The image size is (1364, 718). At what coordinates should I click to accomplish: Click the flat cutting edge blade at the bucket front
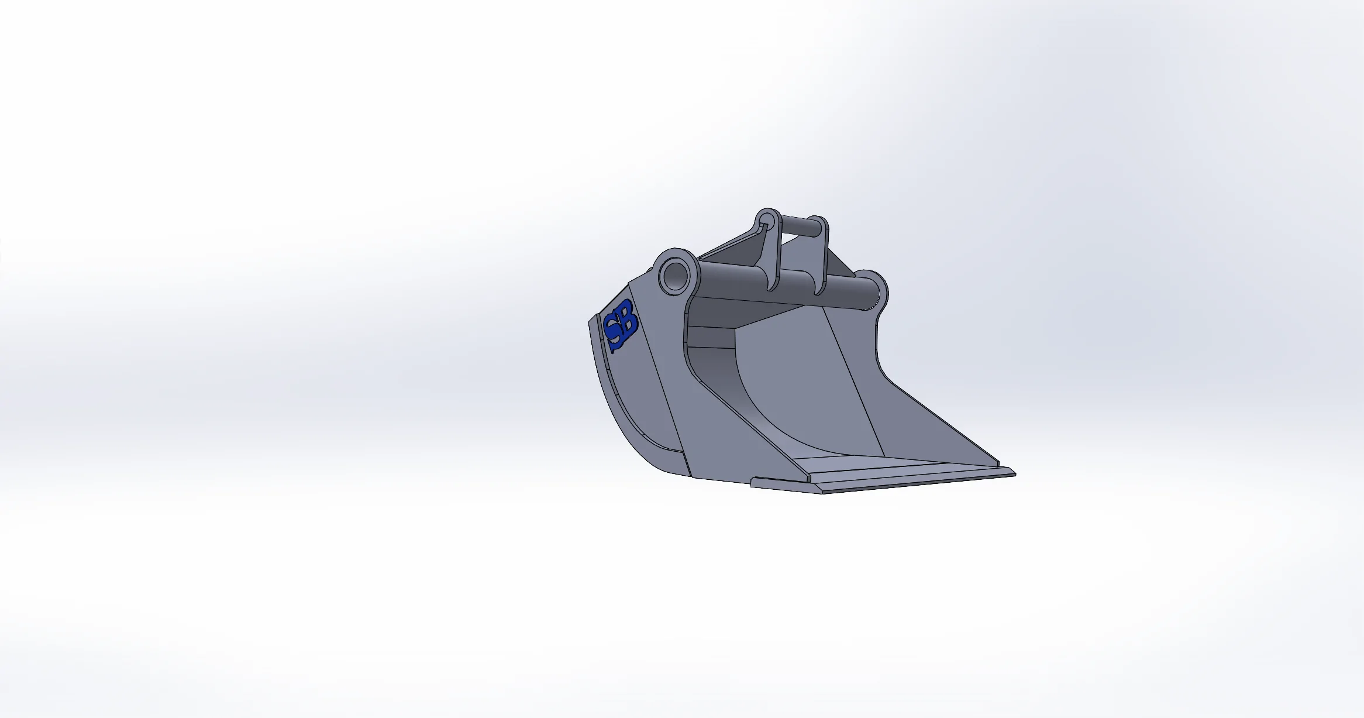pos(883,481)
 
